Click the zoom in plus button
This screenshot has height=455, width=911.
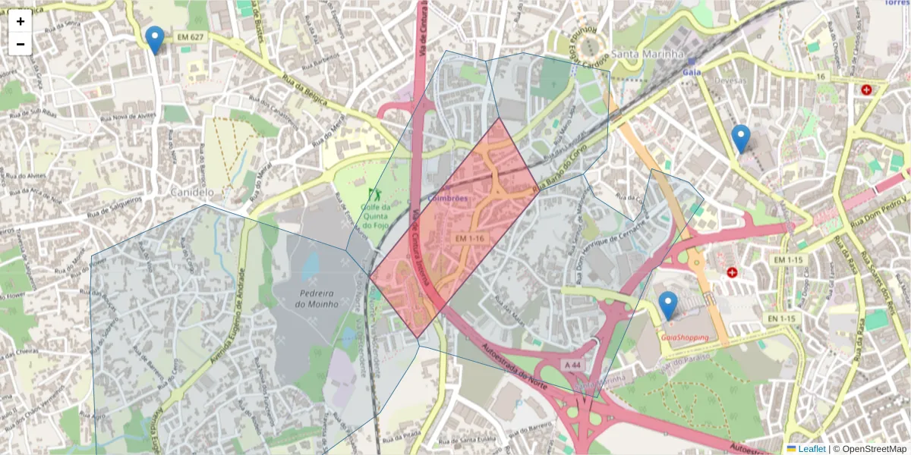click(20, 21)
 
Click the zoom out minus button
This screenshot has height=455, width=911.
click(20, 44)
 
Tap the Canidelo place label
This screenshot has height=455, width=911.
click(192, 193)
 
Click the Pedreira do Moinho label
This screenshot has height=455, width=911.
click(318, 298)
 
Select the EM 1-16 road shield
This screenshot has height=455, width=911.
click(470, 238)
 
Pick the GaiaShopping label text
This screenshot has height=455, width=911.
click(685, 337)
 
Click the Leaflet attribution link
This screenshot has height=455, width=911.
click(812, 449)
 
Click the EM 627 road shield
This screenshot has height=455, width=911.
click(191, 36)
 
